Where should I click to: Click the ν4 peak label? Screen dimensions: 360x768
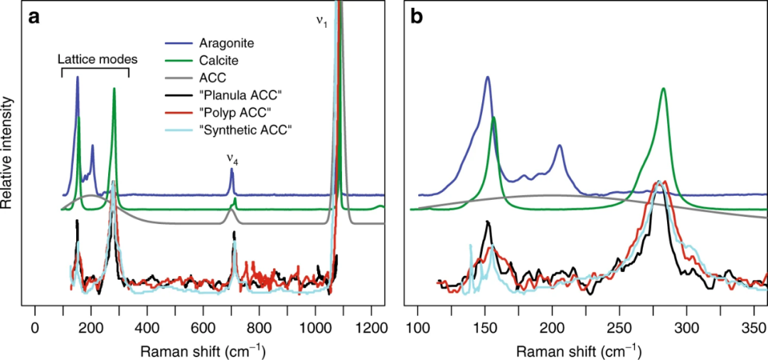(232, 161)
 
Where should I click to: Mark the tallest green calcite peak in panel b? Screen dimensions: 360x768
(663, 90)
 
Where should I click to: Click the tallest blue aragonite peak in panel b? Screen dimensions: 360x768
(488, 78)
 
